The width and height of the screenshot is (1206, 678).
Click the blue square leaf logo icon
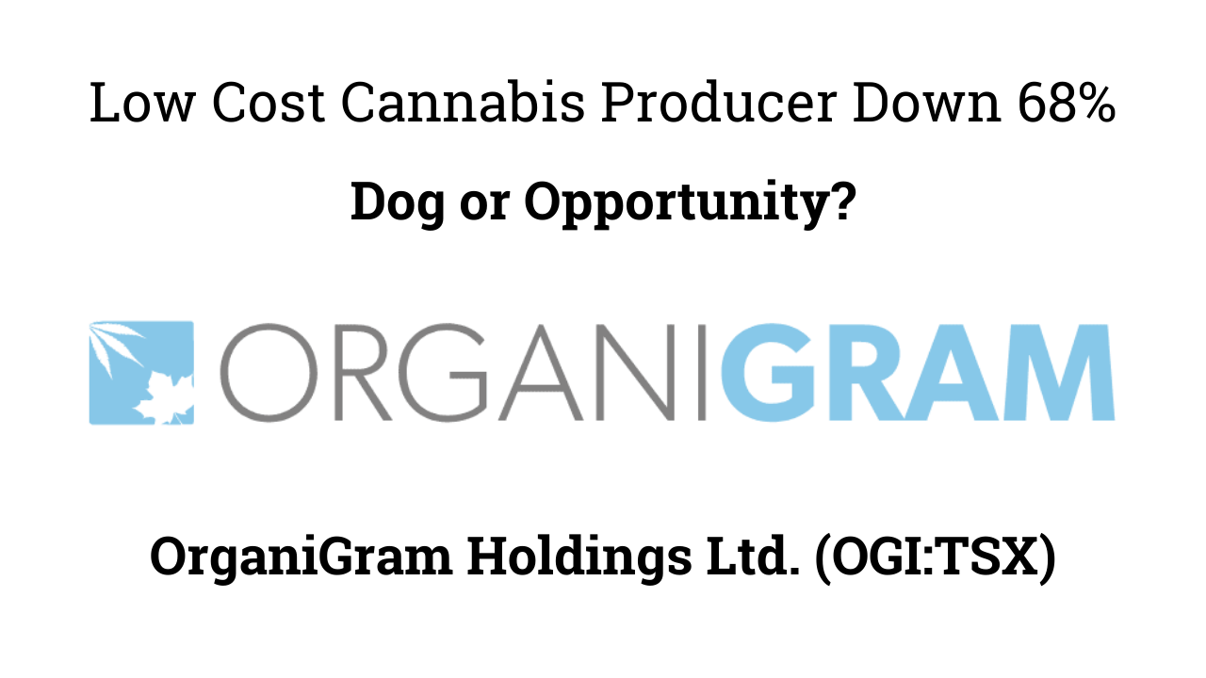pyautogui.click(x=141, y=373)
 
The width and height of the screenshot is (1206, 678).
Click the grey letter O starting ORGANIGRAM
pyautogui.click(x=258, y=373)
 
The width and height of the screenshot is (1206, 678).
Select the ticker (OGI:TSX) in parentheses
pyautogui.click(x=927, y=558)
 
